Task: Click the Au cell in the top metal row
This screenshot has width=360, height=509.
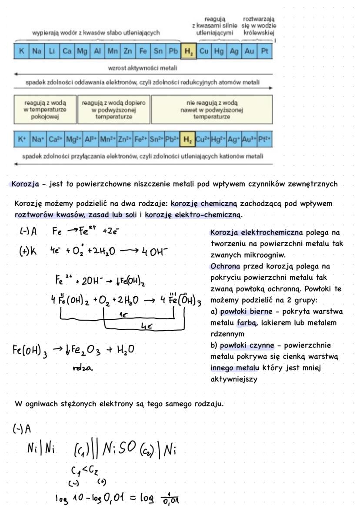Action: [249, 51]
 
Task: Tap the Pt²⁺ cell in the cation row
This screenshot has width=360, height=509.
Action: [264, 140]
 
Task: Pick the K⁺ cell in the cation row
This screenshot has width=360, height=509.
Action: [21, 140]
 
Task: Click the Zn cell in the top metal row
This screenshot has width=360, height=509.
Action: [127, 51]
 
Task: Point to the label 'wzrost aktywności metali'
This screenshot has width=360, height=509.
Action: [143, 68]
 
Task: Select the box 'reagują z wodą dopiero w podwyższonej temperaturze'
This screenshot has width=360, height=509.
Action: [113, 110]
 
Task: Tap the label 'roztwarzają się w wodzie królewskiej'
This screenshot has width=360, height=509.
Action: [259, 26]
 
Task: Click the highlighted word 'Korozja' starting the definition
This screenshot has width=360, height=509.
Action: [25, 184]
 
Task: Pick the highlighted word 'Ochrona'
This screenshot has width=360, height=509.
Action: [224, 266]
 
